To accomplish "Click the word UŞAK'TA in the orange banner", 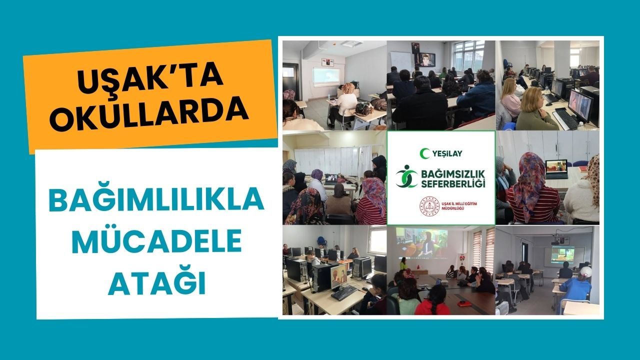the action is pyautogui.click(x=149, y=76).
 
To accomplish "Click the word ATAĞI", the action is pyautogui.click(x=157, y=282).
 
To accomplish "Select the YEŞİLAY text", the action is pyautogui.click(x=447, y=153).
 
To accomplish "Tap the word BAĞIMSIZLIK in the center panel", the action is pyautogui.click(x=453, y=174).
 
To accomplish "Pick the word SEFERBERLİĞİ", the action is pyautogui.click(x=453, y=183).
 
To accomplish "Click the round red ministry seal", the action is pyautogui.click(x=429, y=206).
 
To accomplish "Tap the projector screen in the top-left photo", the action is pyautogui.click(x=326, y=76).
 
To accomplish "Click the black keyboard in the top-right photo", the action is pyautogui.click(x=566, y=118).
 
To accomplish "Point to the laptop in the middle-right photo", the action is pyautogui.click(x=555, y=169).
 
